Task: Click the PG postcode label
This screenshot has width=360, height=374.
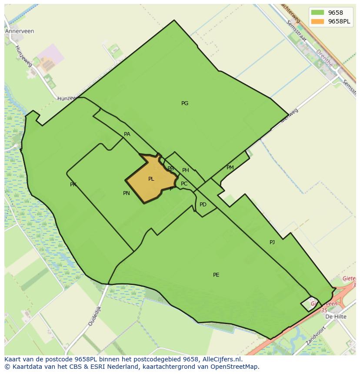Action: [185, 103]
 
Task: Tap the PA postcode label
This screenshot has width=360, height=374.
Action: [127, 134]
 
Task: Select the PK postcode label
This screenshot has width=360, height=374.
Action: [73, 185]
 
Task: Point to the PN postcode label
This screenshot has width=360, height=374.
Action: [127, 193]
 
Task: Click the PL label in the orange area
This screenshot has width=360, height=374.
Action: [151, 179]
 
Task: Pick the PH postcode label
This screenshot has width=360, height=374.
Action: [186, 170]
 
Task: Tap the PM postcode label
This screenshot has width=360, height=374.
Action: [230, 168]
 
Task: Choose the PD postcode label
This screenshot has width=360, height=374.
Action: [203, 205]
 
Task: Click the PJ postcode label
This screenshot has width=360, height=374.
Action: [272, 242]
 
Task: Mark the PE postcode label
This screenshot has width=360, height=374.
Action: [216, 275]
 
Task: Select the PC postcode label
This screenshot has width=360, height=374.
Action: [184, 184]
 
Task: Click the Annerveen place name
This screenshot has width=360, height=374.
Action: [20, 31]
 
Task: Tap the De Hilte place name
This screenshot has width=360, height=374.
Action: [336, 317]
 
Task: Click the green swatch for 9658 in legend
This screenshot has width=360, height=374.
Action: [318, 13]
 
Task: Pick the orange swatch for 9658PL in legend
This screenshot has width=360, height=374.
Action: [318, 21]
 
